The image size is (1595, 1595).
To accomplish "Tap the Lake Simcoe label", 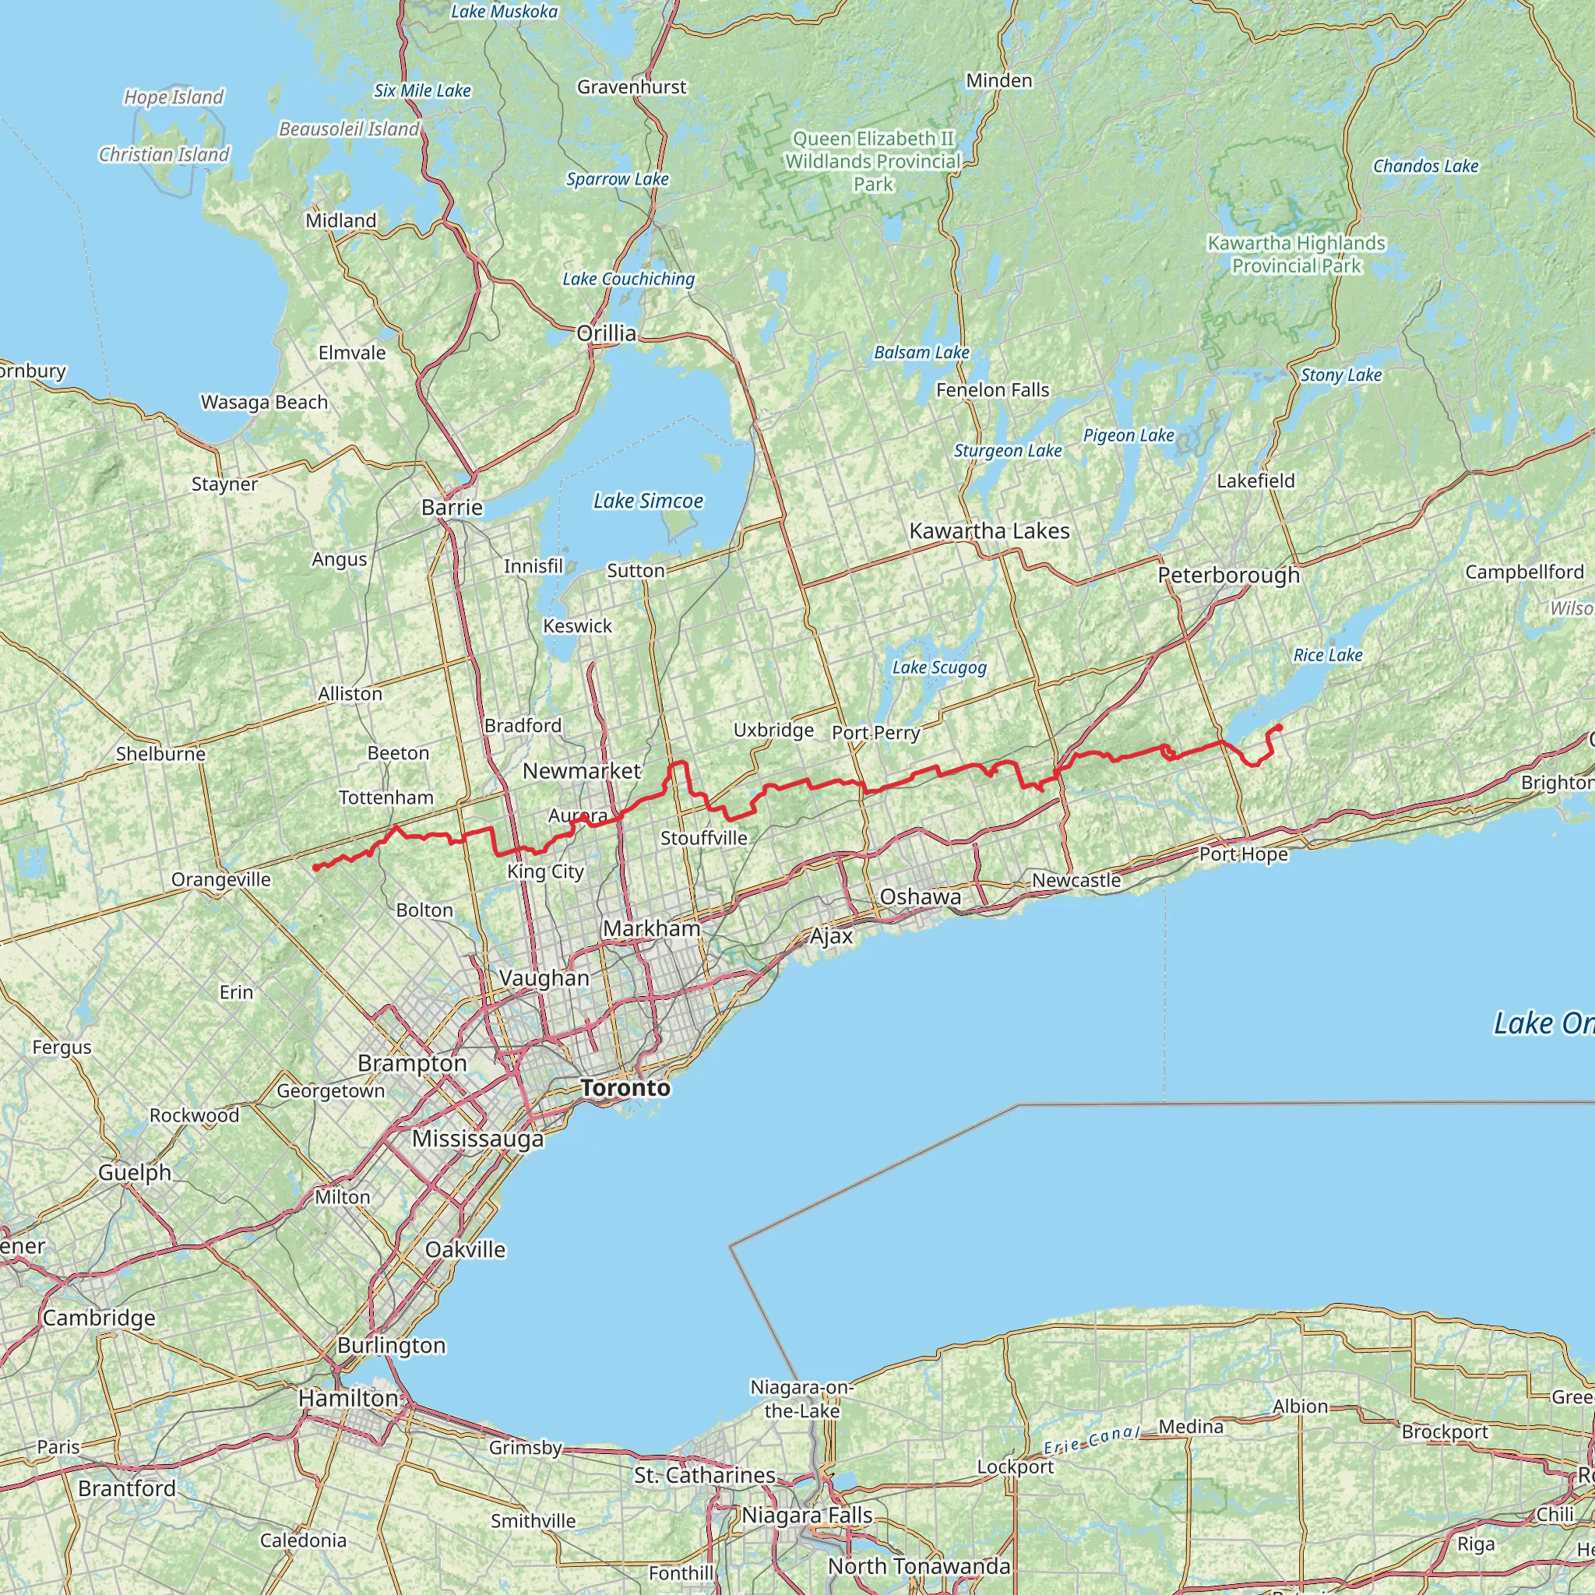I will click(x=648, y=501).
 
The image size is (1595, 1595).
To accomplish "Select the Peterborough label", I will click(x=1228, y=576).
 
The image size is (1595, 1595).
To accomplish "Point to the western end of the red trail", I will click(x=316, y=868).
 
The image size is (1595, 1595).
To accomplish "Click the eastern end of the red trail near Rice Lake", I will click(x=1280, y=727).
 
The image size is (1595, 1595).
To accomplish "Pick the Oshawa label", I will click(x=920, y=896).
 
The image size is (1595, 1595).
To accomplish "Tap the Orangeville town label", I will click(x=220, y=879).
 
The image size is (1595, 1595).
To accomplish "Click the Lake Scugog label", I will click(x=938, y=667).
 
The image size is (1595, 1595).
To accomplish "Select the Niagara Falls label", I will click(x=807, y=1516).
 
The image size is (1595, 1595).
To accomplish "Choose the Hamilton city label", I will click(x=347, y=1399).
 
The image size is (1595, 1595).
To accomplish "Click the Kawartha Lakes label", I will click(x=989, y=531).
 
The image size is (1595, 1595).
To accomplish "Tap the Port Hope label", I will click(x=1243, y=854).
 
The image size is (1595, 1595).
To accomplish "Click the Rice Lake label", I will click(x=1328, y=655).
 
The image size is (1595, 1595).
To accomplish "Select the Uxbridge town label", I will click(x=773, y=730).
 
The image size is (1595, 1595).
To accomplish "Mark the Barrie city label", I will click(x=452, y=507).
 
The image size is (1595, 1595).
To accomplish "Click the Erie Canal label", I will click(x=1091, y=1441).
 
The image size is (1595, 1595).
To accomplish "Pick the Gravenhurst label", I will click(x=632, y=86).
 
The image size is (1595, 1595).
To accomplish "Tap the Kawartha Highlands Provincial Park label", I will click(x=1296, y=254).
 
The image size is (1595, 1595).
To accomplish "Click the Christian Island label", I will click(x=164, y=154).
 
